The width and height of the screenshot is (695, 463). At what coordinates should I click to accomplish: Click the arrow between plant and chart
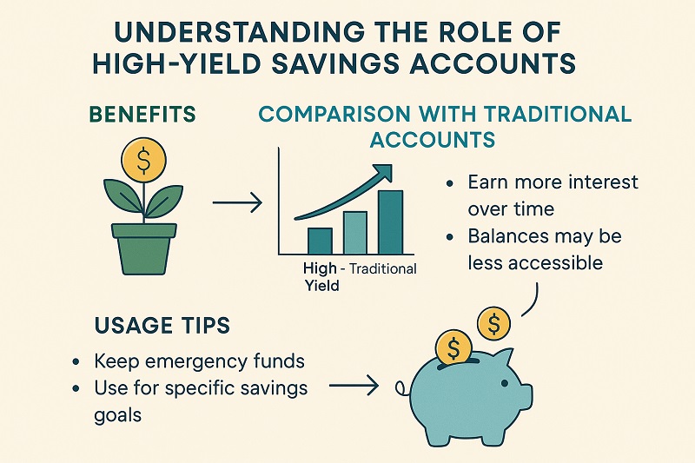[x=236, y=204]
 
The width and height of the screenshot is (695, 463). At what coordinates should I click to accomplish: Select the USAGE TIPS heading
[x=161, y=325]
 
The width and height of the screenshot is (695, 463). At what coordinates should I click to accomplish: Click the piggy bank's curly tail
[x=402, y=387]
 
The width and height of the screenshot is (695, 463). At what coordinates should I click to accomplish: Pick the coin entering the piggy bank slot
[x=453, y=348]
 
